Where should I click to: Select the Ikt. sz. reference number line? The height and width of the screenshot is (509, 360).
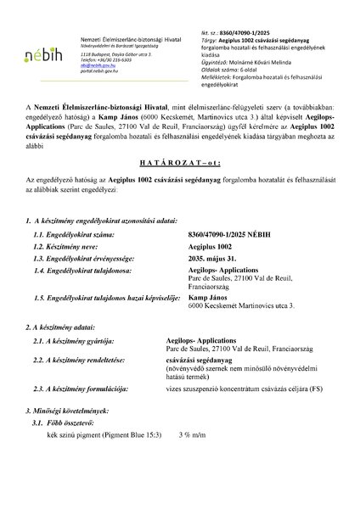click(x=228, y=16)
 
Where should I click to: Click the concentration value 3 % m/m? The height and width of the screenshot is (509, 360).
click(x=193, y=458)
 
